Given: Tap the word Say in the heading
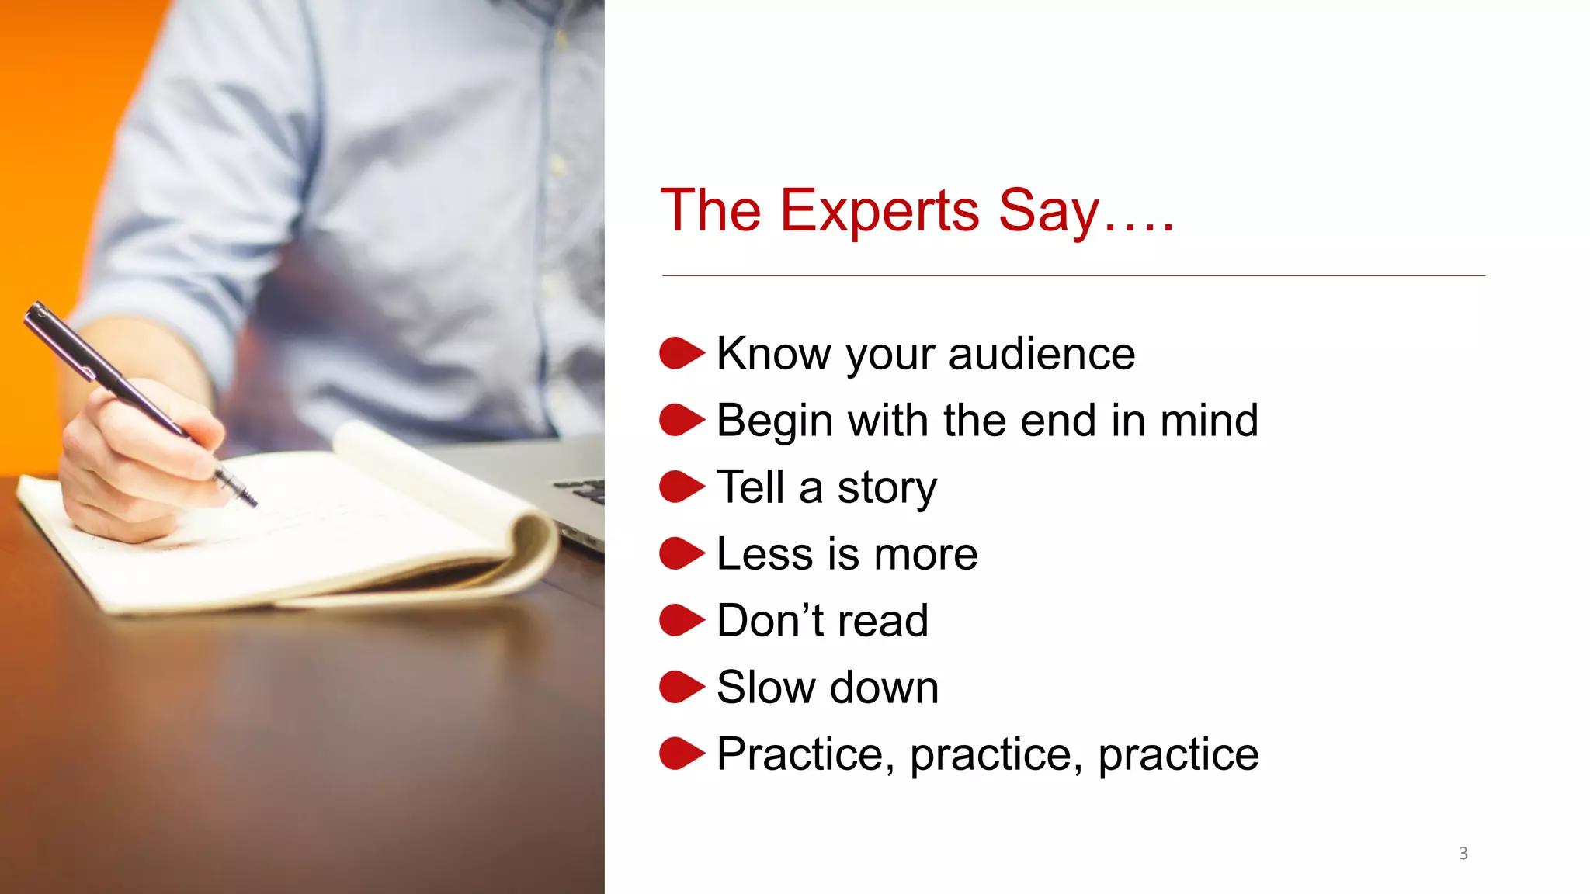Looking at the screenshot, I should pyautogui.click(x=1048, y=211).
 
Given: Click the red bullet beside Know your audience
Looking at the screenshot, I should pyautogui.click(x=681, y=353).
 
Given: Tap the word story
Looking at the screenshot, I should pyautogui.click(x=887, y=489).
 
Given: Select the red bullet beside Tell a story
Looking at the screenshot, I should pyautogui.click(x=681, y=487).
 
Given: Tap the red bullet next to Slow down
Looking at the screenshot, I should pyautogui.click(x=681, y=687).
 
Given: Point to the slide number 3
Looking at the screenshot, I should pyautogui.click(x=1463, y=854).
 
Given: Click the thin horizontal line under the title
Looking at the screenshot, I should pyautogui.click(x=1071, y=275).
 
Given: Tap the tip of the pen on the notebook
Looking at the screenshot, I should pyautogui.click(x=252, y=503).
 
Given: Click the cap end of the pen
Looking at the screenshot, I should pyautogui.click(x=36, y=312).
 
